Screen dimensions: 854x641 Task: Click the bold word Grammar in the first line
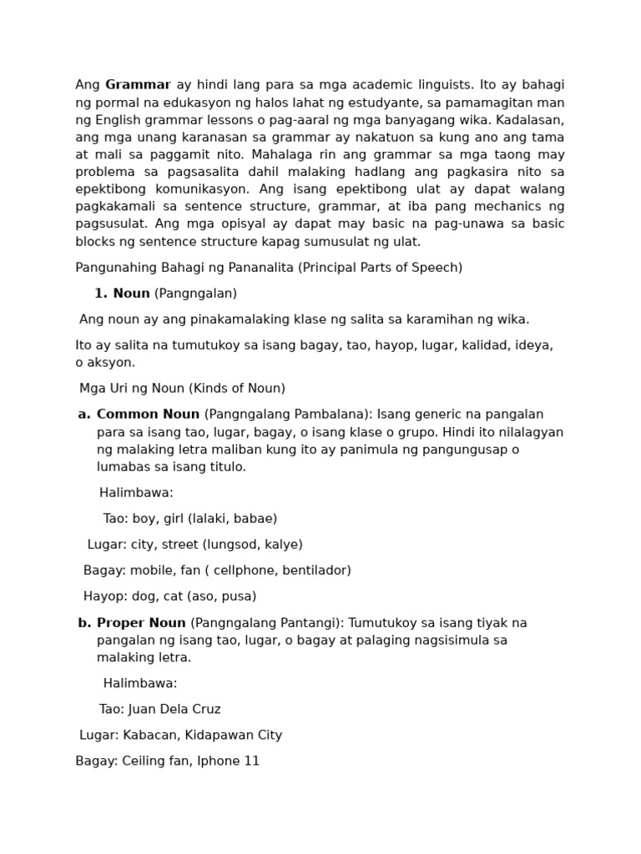click(x=138, y=85)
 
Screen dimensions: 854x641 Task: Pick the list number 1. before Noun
click(x=101, y=294)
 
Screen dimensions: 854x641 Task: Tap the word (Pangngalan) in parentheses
click(x=195, y=294)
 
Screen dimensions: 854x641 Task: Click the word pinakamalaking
click(x=209, y=319)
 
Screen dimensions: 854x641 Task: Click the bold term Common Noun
click(x=148, y=414)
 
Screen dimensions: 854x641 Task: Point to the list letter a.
click(x=83, y=414)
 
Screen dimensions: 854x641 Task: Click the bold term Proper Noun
click(x=141, y=623)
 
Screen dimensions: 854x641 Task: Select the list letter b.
click(x=83, y=623)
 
